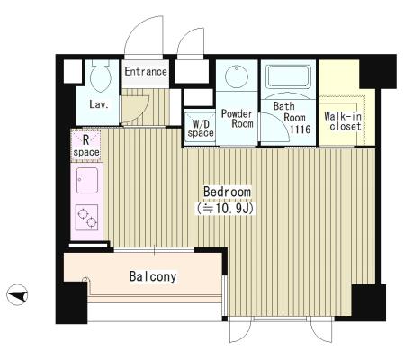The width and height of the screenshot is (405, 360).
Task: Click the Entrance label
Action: tap(146, 71)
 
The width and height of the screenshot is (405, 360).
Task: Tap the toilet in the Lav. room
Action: tap(101, 75)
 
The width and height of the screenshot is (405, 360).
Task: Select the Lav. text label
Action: tap(99, 104)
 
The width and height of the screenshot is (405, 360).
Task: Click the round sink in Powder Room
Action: tap(237, 76)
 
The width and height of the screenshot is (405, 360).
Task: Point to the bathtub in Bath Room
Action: tap(288, 76)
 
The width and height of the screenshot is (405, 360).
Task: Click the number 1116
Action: tap(300, 130)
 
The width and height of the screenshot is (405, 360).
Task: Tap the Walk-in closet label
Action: tap(343, 121)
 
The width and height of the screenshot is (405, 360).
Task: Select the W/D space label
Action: tap(201, 129)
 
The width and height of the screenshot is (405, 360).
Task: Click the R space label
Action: tap(86, 146)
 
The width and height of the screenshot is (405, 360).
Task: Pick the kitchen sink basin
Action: tap(87, 180)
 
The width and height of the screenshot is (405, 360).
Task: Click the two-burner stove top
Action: tap(87, 218)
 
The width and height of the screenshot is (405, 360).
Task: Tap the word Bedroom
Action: tap(227, 192)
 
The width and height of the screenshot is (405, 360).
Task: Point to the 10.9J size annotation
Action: tap(225, 208)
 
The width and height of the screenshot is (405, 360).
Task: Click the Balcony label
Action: tap(153, 276)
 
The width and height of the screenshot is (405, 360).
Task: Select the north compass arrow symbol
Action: tap(17, 294)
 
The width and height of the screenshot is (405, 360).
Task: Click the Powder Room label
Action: tap(237, 119)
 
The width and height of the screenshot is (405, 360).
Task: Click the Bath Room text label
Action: tap(289, 112)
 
